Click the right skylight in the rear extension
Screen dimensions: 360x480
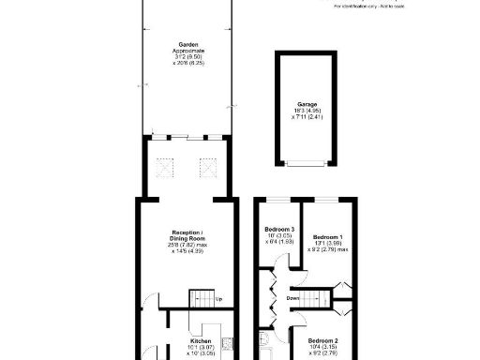[208, 169]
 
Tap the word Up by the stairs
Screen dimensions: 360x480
[218, 300]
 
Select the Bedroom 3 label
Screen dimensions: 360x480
[279, 230]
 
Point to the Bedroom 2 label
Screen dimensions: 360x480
[323, 340]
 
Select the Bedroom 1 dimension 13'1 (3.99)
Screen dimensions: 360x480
[328, 244]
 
